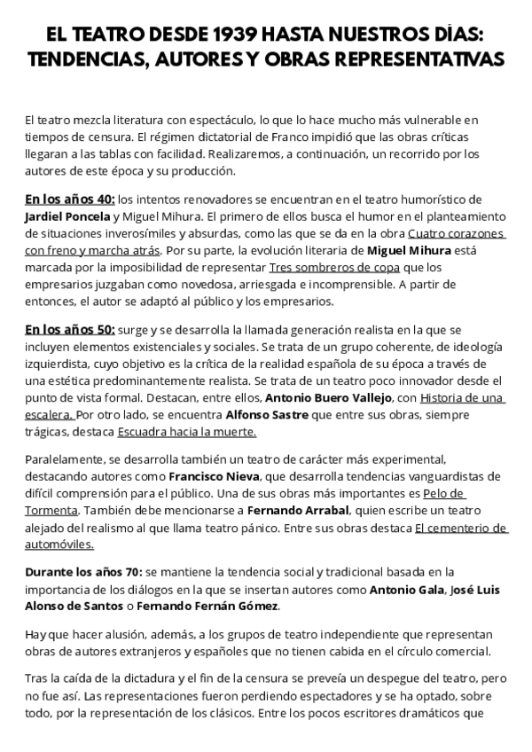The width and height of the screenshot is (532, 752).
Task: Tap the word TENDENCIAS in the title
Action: pyautogui.click(x=92, y=59)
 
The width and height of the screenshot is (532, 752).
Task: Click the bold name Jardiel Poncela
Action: pyautogui.click(x=67, y=216)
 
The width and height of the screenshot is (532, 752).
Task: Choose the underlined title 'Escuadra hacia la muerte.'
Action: pyautogui.click(x=187, y=432)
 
